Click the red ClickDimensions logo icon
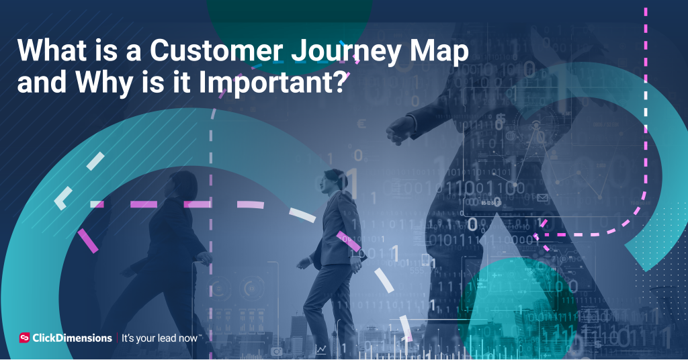click(25, 338)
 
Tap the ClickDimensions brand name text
click(73, 338)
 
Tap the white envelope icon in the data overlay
click(542, 197)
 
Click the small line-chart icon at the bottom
click(322, 349)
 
